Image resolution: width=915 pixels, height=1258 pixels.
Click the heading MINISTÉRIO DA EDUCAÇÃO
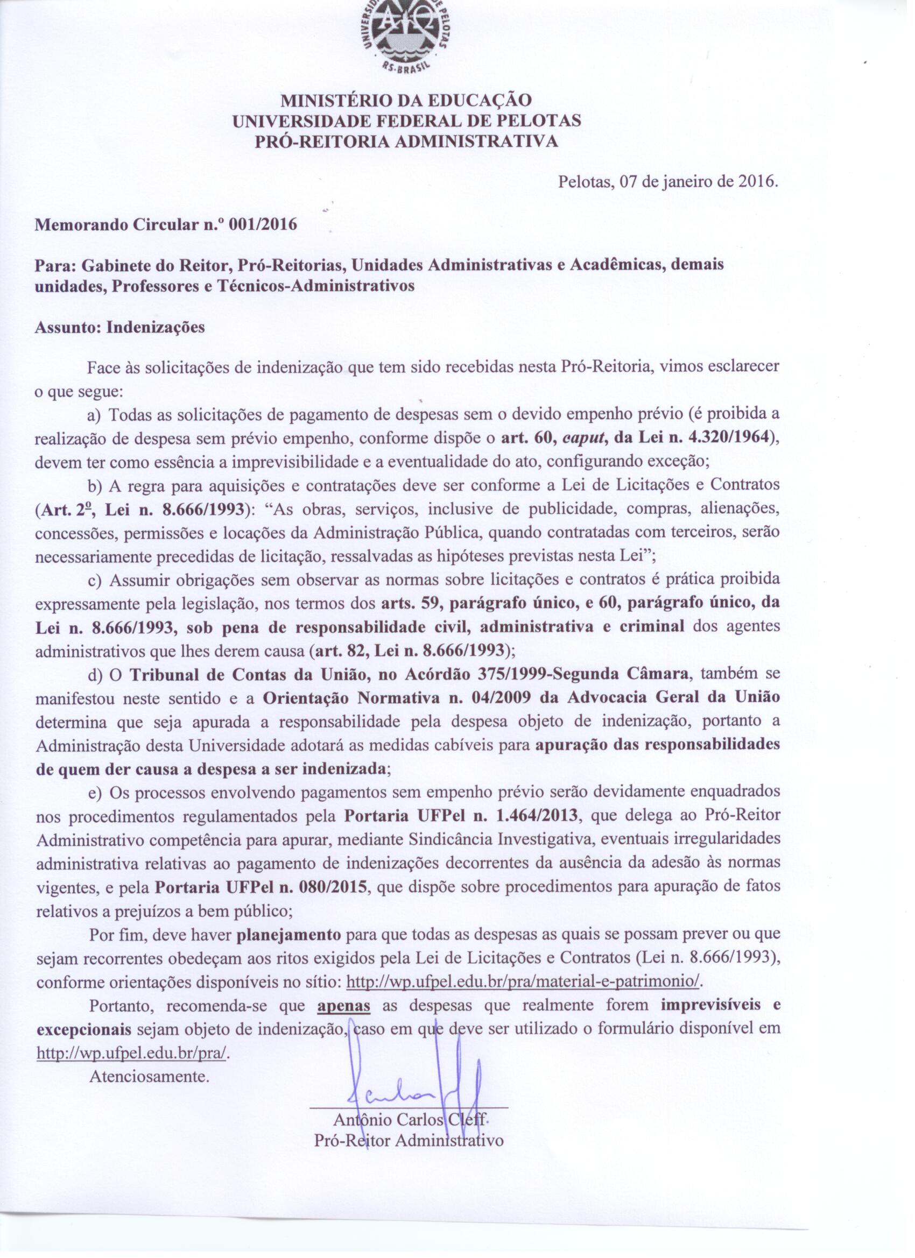(406, 101)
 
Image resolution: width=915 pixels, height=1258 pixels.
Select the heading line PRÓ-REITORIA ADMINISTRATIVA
(406, 142)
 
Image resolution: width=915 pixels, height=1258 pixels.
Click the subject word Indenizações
(156, 327)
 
